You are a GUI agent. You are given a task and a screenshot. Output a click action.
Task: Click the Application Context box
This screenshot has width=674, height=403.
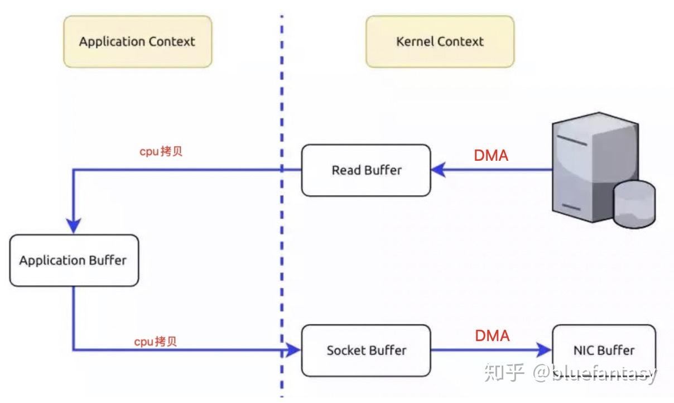pyautogui.click(x=137, y=41)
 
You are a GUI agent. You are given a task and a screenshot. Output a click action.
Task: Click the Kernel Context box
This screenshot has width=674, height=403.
pyautogui.click(x=440, y=41)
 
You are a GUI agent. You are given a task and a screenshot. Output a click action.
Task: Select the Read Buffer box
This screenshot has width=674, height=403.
pyautogui.click(x=366, y=170)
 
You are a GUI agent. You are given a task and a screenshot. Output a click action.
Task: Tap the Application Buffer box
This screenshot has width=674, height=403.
pyautogui.click(x=74, y=261)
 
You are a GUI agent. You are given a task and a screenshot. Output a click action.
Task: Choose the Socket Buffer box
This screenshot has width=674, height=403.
pyautogui.click(x=366, y=351)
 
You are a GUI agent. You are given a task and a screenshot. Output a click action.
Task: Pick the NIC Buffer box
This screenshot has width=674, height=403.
pyautogui.click(x=604, y=351)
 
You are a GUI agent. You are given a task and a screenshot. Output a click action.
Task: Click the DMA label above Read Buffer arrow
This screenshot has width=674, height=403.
pyautogui.click(x=491, y=156)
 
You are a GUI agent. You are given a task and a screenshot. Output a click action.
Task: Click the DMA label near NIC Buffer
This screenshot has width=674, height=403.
pyautogui.click(x=492, y=335)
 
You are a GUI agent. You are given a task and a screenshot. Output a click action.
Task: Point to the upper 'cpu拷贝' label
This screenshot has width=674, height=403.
pyautogui.click(x=161, y=152)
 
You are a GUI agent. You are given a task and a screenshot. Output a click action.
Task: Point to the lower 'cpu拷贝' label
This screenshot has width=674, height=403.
pyautogui.click(x=155, y=342)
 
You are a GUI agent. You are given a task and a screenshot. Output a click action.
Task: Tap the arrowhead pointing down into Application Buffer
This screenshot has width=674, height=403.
pyautogui.click(x=74, y=226)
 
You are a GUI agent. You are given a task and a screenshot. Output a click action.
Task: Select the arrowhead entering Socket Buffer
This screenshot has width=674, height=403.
pyautogui.click(x=293, y=350)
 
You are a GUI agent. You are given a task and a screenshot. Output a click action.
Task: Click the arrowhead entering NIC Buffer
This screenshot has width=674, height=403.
pyautogui.click(x=544, y=350)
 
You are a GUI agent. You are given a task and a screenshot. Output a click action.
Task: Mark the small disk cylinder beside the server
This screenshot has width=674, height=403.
pyautogui.click(x=634, y=204)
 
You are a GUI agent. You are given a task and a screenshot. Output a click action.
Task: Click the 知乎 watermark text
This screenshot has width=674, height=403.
pyautogui.click(x=504, y=372)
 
